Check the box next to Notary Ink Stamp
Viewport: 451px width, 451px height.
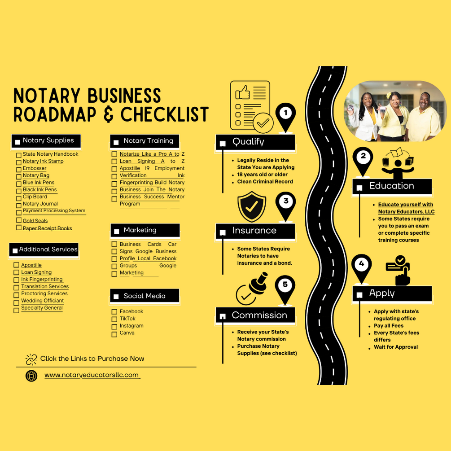coord(19,162)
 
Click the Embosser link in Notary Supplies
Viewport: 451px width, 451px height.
coord(35,168)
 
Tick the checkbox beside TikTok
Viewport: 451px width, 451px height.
coord(114,319)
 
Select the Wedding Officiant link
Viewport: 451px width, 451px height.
coord(43,301)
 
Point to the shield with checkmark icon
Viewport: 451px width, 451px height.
coord(252,206)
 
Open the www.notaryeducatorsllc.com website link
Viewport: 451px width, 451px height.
coord(92,375)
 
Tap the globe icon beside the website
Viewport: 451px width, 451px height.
coord(31,376)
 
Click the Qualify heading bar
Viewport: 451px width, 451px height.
coord(255,142)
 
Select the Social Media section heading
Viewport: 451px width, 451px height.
coord(144,296)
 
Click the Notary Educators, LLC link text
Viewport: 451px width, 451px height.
coord(406,212)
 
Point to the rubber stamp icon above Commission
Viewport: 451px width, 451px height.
coord(252,289)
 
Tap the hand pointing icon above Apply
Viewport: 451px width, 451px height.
coord(398,270)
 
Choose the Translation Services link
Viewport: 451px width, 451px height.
coord(45,286)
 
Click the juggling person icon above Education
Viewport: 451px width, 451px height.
coord(398,163)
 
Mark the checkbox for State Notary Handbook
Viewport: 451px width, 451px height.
coord(19,155)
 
